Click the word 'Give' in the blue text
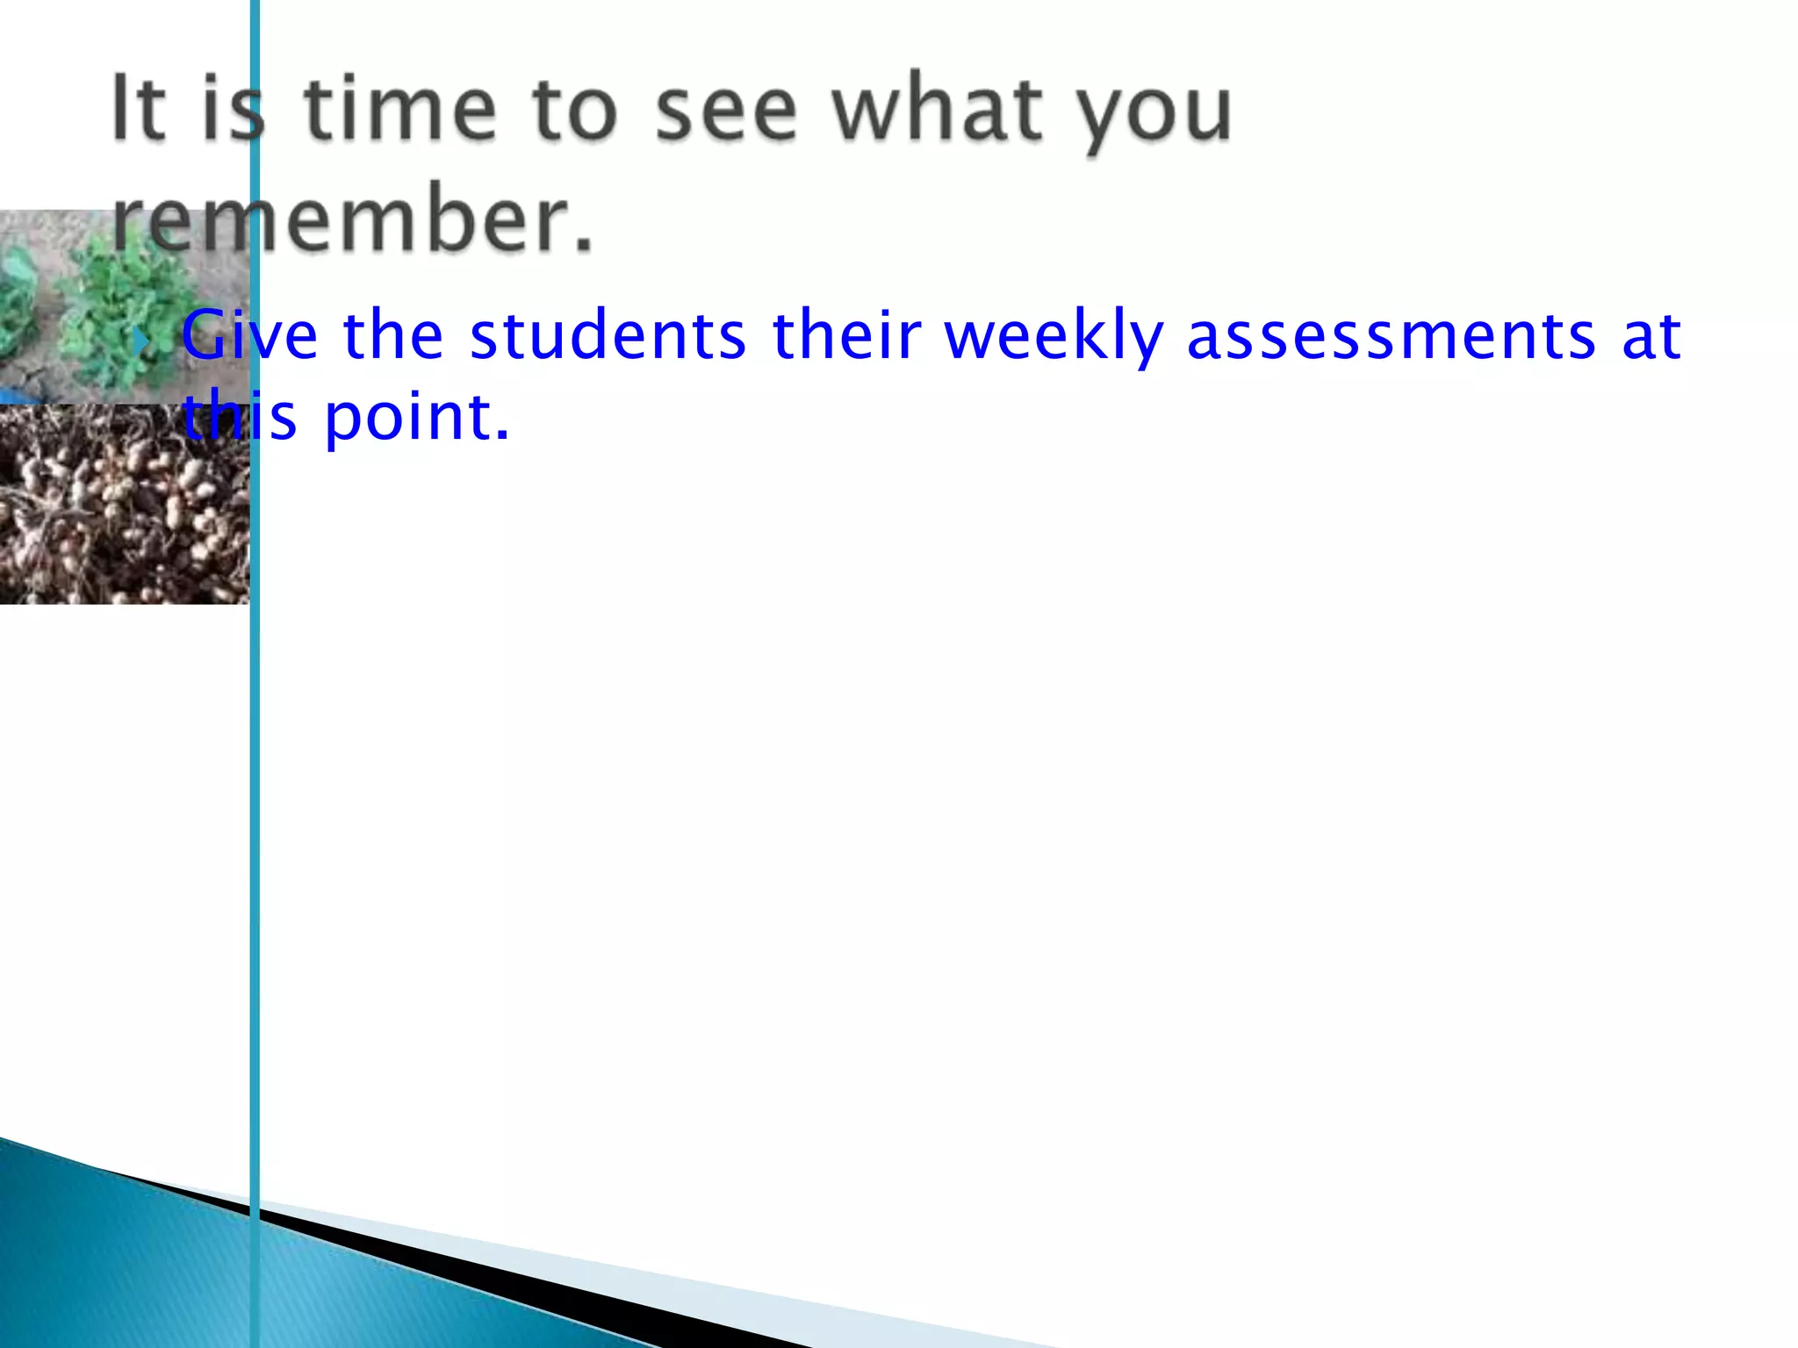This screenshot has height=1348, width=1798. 249,335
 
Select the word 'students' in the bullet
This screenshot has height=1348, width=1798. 608,335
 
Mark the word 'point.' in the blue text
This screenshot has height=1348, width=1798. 417,418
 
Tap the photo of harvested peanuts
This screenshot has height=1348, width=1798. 123,505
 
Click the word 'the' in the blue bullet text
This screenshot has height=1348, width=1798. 393,335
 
